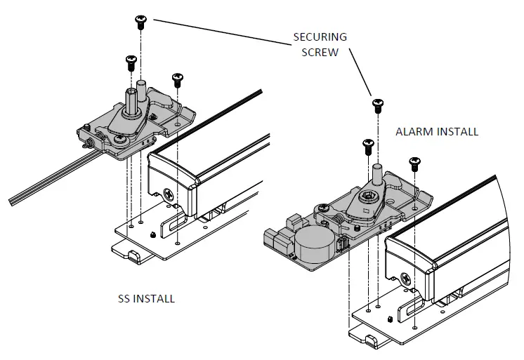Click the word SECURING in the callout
[320, 37]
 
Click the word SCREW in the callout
[320, 51]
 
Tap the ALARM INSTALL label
[437, 131]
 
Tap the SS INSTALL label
[146, 298]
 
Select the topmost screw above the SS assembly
[140, 23]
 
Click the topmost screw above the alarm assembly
[377, 105]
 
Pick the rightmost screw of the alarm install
[414, 164]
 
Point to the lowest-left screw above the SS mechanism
[129, 61]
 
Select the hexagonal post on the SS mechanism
[132, 102]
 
